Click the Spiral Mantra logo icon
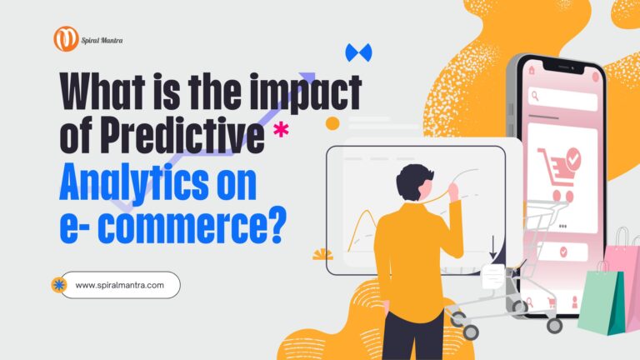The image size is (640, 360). click(x=66, y=38)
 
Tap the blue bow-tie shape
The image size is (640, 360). click(x=358, y=52)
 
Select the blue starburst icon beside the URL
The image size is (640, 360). click(x=59, y=285)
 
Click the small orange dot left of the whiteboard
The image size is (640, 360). click(x=332, y=124)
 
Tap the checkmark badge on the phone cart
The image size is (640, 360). click(x=573, y=157)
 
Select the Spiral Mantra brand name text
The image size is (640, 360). click(x=102, y=38)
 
